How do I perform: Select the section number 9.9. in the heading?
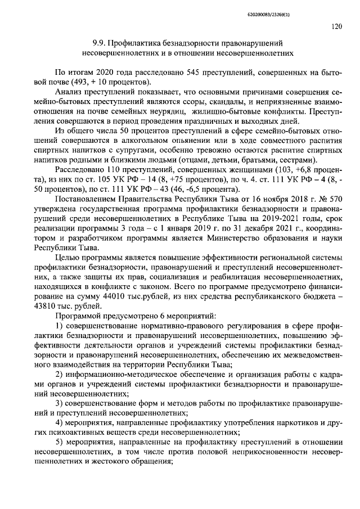[x=100, y=43]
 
